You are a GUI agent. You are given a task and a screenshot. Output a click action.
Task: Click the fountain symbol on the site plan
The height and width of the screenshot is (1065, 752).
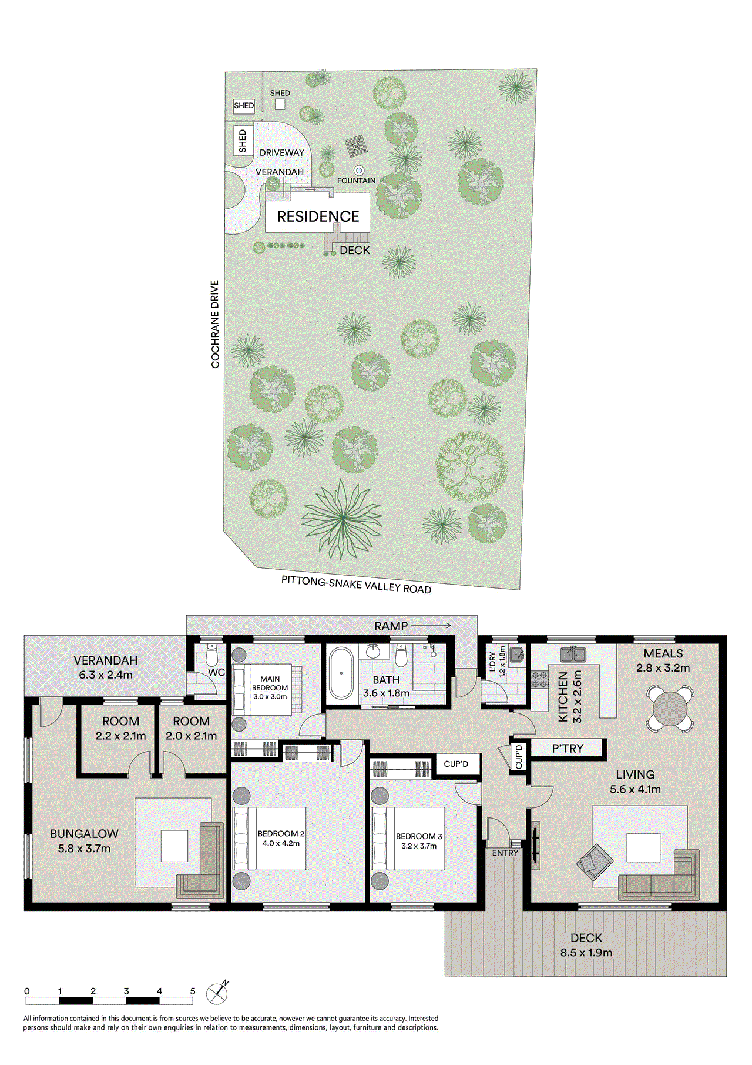[x=358, y=171]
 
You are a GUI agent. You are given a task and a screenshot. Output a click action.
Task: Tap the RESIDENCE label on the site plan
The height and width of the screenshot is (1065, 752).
[x=318, y=216]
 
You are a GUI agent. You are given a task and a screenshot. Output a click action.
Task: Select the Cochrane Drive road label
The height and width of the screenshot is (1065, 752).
[x=215, y=324]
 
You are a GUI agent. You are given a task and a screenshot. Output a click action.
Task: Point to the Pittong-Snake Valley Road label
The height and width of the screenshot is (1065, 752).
[x=356, y=585]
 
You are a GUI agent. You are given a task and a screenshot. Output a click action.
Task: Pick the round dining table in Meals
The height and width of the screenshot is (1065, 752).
[x=670, y=709]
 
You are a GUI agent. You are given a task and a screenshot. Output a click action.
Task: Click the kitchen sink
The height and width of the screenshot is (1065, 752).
[x=572, y=654]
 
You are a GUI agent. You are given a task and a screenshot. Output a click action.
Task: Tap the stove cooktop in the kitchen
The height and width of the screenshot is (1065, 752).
[x=539, y=680]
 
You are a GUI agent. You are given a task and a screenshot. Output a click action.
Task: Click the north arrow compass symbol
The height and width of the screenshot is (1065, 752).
[x=217, y=994]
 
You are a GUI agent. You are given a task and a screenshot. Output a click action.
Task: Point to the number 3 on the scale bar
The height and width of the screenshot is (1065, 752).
[x=126, y=991]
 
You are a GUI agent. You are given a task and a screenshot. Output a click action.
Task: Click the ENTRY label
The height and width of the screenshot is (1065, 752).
[x=505, y=853]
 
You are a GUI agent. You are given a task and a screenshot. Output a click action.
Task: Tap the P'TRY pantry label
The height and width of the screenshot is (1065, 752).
[x=568, y=748]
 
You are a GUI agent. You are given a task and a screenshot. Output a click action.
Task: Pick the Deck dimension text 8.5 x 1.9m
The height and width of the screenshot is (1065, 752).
[x=586, y=952]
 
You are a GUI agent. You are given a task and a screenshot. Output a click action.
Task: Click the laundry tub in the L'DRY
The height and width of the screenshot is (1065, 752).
[x=516, y=654]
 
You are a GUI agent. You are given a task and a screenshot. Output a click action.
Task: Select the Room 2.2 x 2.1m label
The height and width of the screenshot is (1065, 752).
[x=120, y=728]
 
